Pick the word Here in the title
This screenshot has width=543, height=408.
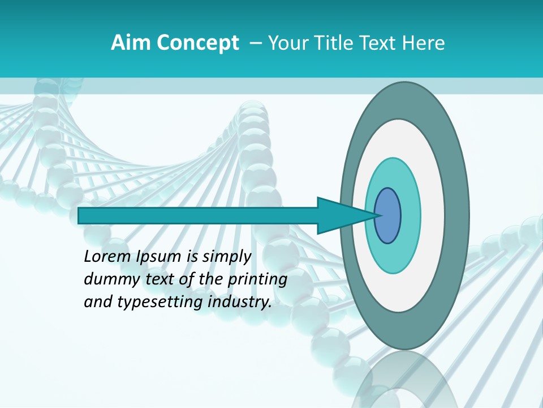click(423, 43)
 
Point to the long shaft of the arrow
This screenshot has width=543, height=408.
click(198, 215)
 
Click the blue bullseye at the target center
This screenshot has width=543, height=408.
click(387, 215)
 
